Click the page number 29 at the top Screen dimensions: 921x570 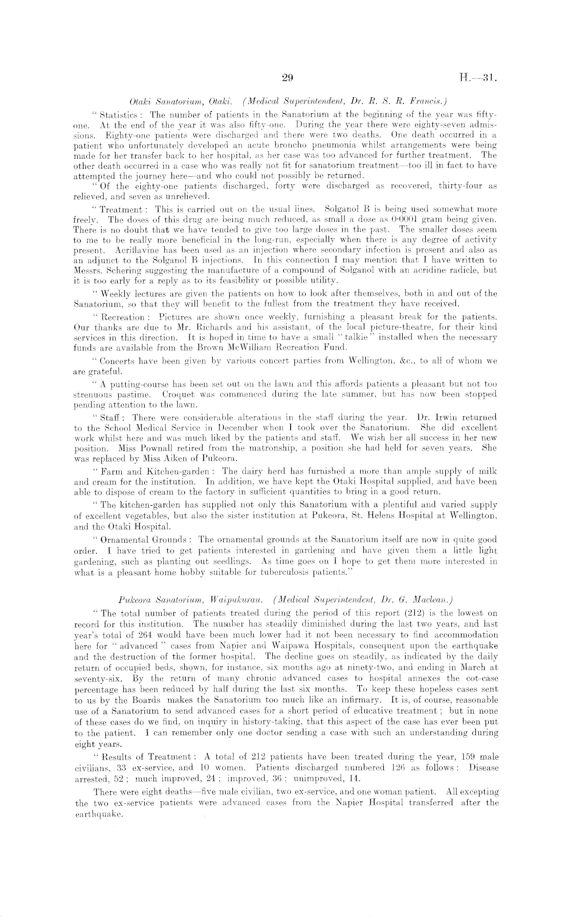pyautogui.click(x=287, y=78)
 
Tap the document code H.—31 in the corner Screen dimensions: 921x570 pyautogui.click(x=476, y=78)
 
